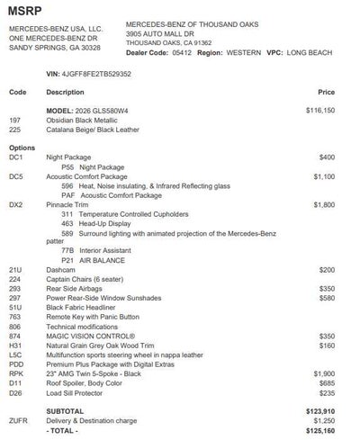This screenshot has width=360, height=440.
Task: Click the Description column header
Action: click(x=65, y=92)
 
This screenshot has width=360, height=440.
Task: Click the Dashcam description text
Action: click(x=61, y=269)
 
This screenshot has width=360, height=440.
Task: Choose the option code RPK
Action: click(x=15, y=373)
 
